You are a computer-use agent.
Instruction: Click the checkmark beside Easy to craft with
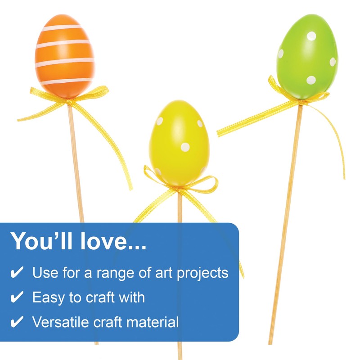coord(17,297)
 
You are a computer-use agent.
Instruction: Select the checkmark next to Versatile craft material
coord(17,322)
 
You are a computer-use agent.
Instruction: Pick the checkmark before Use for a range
coord(17,273)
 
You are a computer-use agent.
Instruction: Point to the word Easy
coord(46,297)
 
